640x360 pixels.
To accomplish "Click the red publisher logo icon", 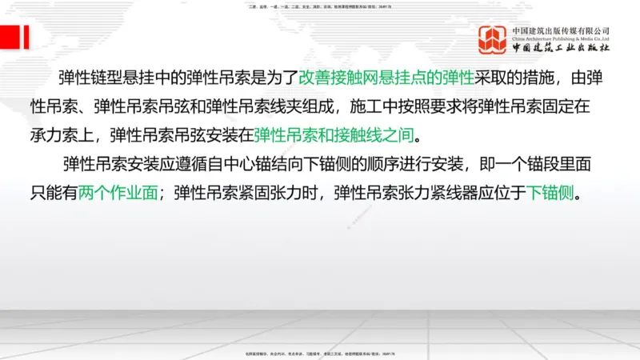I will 492,40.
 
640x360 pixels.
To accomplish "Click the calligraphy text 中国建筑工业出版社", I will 561,48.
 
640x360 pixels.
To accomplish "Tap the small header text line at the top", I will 320,6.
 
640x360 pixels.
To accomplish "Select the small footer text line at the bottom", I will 320,353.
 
